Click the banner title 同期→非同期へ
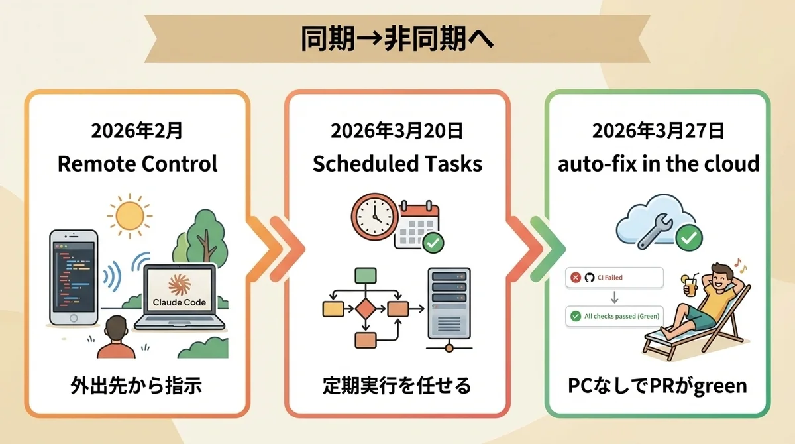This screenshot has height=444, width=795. pos(397,38)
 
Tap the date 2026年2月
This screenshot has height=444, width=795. pos(137,131)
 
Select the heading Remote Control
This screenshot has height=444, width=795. pos(137,164)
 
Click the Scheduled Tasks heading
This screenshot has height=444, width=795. pos(397,164)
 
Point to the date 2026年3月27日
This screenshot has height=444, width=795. pos(658,131)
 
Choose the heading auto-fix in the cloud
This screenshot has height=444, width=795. pos(659,164)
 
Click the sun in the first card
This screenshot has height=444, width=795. pos(130,215)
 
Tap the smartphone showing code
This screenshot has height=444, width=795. pos(74,278)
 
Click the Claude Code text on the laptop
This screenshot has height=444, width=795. pos(180,302)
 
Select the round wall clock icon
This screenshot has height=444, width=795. pos(375,217)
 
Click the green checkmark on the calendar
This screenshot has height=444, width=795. pos(433,243)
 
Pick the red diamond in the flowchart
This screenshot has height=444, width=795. pos(366,309)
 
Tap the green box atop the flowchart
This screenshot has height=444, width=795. pos(366,276)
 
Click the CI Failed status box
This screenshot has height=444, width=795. pos(614,278)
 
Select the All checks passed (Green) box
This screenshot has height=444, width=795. pos(614,316)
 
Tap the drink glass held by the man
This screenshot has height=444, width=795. pos(690,286)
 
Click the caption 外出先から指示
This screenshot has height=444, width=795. pos(136,386)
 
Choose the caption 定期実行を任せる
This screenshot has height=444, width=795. pos(397,386)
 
